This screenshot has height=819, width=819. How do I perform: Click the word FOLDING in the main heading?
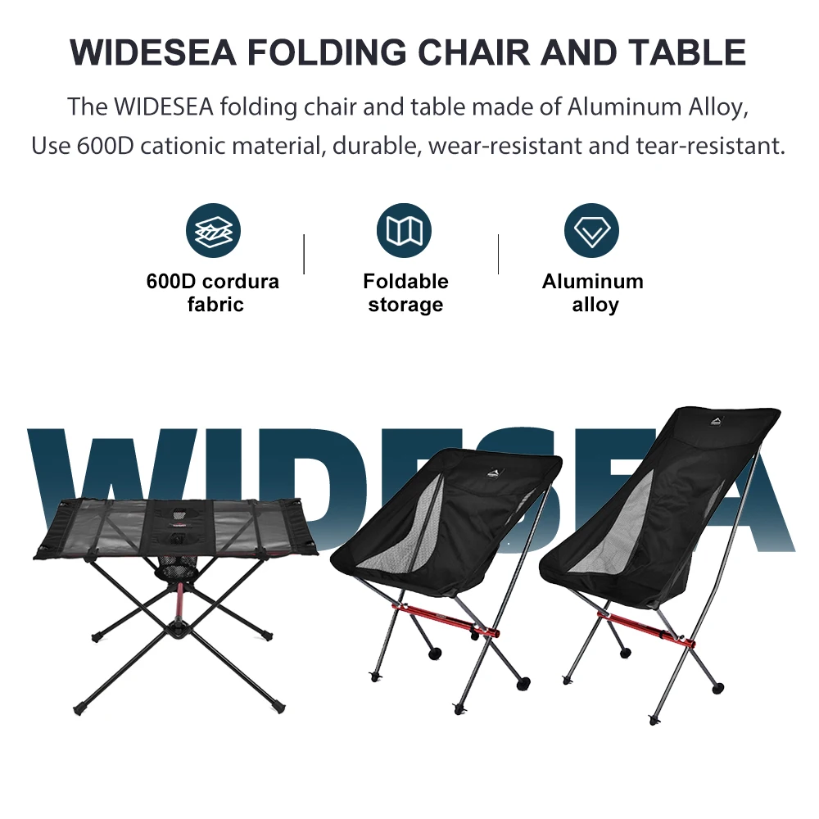click(326, 52)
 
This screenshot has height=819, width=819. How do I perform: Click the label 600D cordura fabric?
click(213, 292)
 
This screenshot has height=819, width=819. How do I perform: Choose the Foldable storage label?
click(405, 292)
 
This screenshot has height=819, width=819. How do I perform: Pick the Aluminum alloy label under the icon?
click(593, 292)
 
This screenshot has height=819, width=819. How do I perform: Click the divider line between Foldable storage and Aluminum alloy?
click(498, 254)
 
